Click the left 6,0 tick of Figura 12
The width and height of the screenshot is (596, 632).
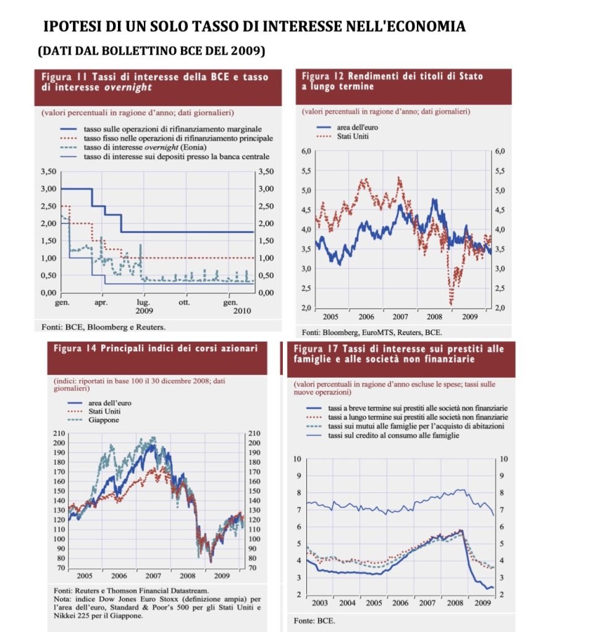click(x=305, y=151)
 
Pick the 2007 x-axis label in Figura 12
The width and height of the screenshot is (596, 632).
click(x=400, y=317)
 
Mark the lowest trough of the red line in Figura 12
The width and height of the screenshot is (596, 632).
click(x=451, y=304)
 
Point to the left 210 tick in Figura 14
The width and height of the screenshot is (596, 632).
click(x=59, y=434)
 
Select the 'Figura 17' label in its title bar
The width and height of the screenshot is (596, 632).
click(x=316, y=349)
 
